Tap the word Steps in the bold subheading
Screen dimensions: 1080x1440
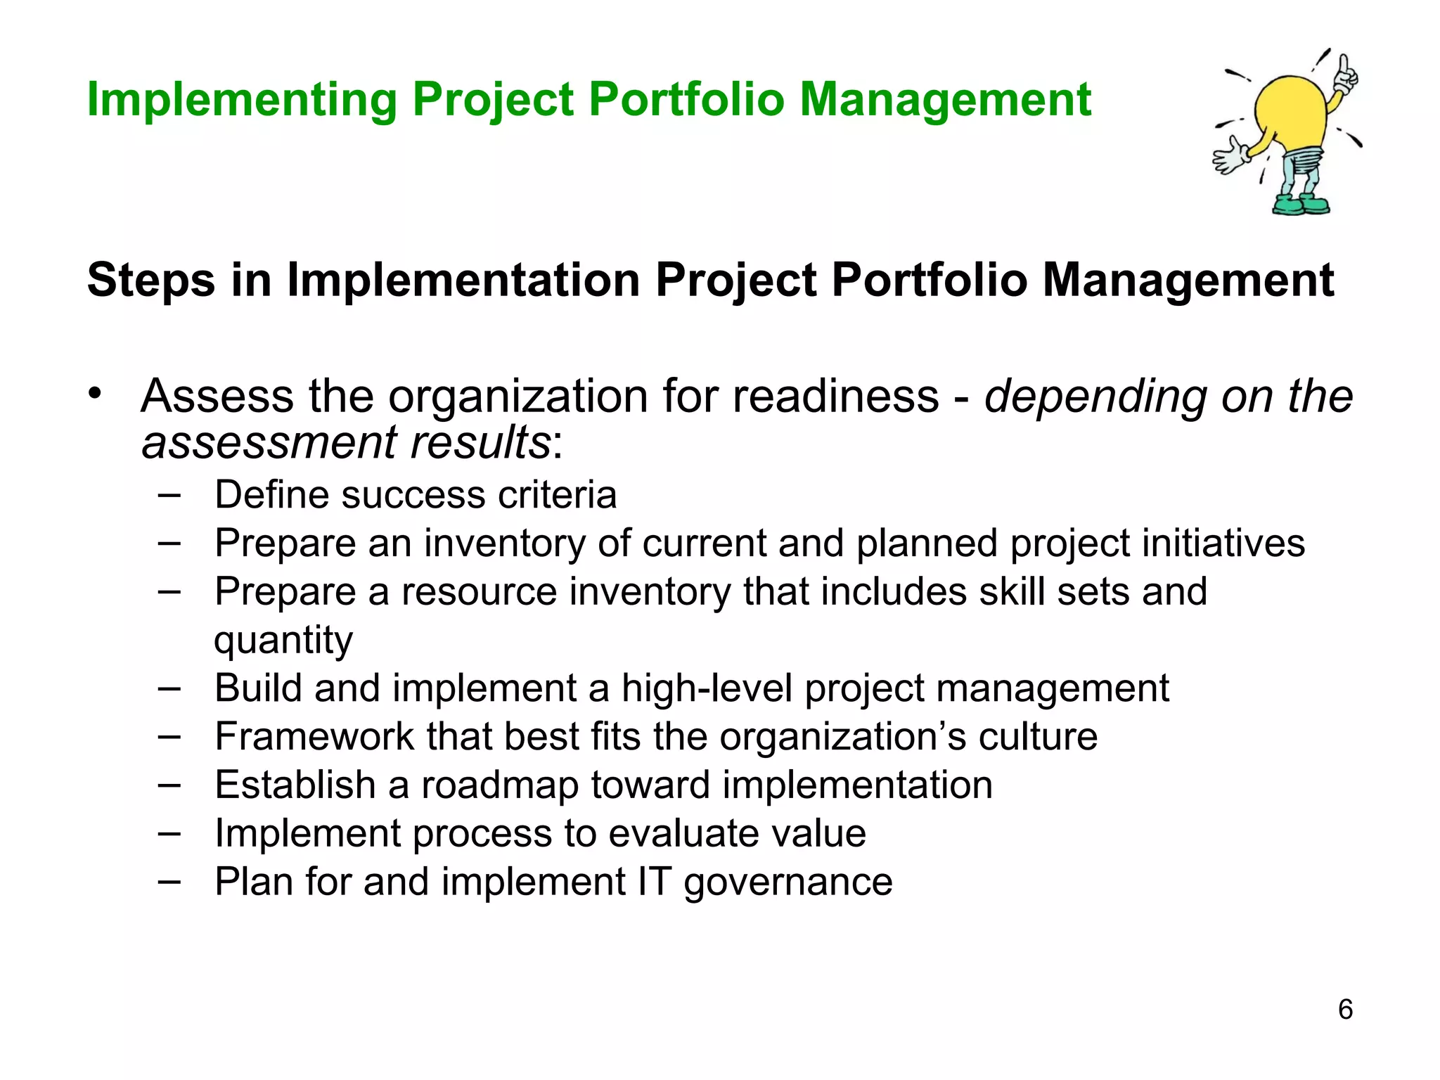coord(150,281)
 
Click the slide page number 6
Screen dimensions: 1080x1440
coord(1345,1010)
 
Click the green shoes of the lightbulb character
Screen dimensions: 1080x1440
coord(1301,206)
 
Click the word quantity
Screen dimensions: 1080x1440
coord(283,641)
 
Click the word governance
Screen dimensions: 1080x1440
coord(787,882)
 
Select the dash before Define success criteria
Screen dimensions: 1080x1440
coord(169,495)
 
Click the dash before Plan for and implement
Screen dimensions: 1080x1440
coord(169,882)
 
